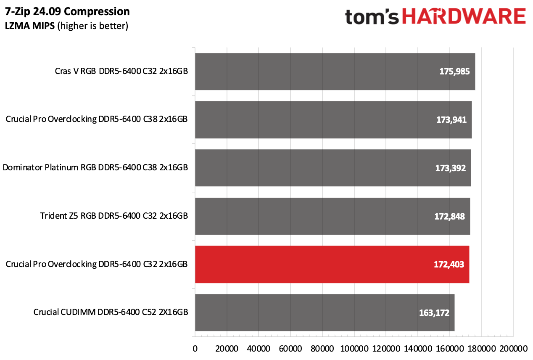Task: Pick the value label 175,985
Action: coord(454,71)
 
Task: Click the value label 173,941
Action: coord(451,119)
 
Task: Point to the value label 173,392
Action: coord(450,168)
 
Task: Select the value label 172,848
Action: coord(449,216)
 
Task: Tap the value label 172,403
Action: coord(449,265)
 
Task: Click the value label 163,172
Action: coord(434,313)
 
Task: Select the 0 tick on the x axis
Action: coord(195,349)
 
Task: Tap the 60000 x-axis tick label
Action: coord(290,349)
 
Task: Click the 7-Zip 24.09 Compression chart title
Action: coord(67,11)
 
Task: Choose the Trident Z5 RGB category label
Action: coord(114,216)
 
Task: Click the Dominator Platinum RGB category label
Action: coord(95,168)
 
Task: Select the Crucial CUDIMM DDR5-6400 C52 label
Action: coord(111,312)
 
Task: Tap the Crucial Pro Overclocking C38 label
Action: coord(97,119)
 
